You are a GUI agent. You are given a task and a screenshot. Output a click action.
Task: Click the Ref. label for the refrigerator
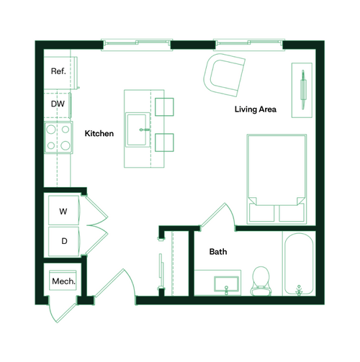pyautogui.click(x=58, y=72)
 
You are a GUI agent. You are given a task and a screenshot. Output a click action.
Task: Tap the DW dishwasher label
pyautogui.click(x=58, y=104)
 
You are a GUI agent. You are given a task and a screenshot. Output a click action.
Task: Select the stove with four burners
pyautogui.click(x=58, y=137)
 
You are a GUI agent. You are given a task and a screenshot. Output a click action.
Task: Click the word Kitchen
pyautogui.click(x=99, y=134)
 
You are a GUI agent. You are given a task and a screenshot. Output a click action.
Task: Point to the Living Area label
pyautogui.click(x=256, y=109)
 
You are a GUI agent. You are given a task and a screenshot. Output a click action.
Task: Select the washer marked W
pyautogui.click(x=63, y=212)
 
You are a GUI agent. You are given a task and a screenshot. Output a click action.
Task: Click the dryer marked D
pyautogui.click(x=63, y=241)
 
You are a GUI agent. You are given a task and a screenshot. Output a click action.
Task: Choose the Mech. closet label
pyautogui.click(x=63, y=281)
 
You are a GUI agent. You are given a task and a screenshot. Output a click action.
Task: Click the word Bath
pyautogui.click(x=218, y=252)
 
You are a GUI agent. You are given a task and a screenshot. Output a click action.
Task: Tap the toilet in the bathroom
pyautogui.click(x=260, y=281)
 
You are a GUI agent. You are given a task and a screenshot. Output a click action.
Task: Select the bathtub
pyautogui.click(x=298, y=264)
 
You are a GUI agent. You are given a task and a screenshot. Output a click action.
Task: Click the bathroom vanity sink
pyautogui.click(x=225, y=284)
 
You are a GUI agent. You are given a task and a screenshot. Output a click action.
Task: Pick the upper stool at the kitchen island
pyautogui.click(x=165, y=107)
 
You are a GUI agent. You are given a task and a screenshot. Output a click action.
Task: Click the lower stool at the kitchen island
pyautogui.click(x=165, y=143)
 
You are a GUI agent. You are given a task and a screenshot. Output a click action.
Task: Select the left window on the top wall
pyautogui.click(x=136, y=44)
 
